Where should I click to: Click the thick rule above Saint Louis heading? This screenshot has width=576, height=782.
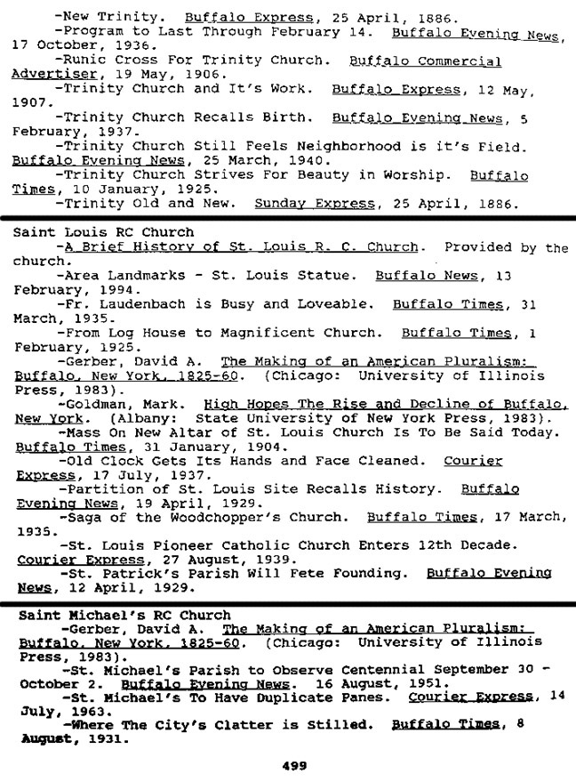click(x=288, y=217)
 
